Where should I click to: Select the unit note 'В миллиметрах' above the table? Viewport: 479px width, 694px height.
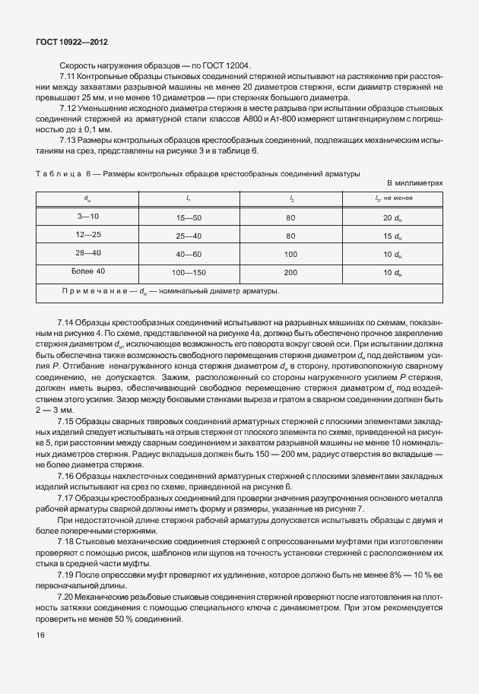coord(414,183)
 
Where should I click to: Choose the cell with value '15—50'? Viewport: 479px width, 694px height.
coord(189,218)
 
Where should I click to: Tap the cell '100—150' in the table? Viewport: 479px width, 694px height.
coord(189,272)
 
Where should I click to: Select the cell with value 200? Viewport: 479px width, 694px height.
coord(290,272)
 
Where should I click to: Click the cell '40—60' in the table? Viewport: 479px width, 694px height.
coord(189,254)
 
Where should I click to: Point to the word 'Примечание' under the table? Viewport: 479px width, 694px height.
coord(90,290)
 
